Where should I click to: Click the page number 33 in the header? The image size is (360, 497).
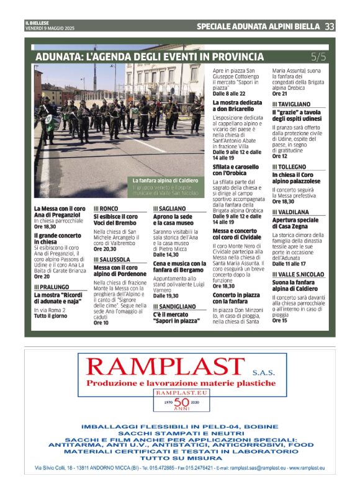pyautogui.click(x=330, y=26)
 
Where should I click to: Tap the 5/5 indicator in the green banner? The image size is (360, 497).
pyautogui.click(x=318, y=57)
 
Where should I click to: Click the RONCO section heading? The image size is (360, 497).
pyautogui.click(x=107, y=208)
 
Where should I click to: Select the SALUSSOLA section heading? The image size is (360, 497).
pyautogui.click(x=112, y=259)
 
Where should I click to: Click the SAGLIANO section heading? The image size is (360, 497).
pyautogui.click(x=169, y=208)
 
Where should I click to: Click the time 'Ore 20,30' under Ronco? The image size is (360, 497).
pyautogui.click(x=105, y=248)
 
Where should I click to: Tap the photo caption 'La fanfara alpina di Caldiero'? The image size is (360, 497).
pyautogui.click(x=165, y=181)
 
